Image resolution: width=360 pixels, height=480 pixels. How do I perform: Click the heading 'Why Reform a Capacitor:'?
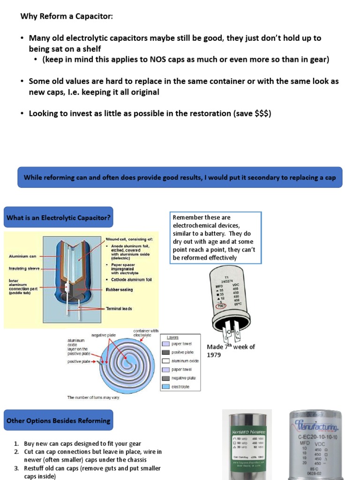(x=67, y=16)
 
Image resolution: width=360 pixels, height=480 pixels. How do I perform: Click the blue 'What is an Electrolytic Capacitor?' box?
(x=58, y=217)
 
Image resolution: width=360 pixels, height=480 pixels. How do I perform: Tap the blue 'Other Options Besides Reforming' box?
(x=58, y=420)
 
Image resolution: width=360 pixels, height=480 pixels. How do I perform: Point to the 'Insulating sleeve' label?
(x=23, y=269)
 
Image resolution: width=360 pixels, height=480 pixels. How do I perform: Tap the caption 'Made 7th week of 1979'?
(x=231, y=351)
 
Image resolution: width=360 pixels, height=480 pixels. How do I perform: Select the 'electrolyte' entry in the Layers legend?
(x=181, y=387)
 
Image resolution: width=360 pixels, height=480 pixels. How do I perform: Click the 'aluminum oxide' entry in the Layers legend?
(x=185, y=361)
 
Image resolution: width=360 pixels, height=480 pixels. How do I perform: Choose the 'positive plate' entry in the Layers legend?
(x=182, y=352)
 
